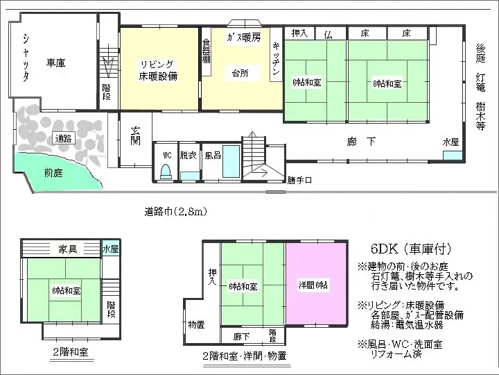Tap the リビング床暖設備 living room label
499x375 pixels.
159,70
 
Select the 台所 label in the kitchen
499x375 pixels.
240,72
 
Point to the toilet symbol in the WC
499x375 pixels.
166,172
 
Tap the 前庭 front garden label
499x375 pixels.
53,173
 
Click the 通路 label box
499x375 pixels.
63,138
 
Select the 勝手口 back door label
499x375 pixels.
299,181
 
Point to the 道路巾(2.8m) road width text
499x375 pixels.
175,211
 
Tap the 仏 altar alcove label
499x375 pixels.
328,33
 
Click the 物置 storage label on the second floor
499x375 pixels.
196,324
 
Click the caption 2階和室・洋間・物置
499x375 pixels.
245,356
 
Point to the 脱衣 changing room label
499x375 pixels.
189,156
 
